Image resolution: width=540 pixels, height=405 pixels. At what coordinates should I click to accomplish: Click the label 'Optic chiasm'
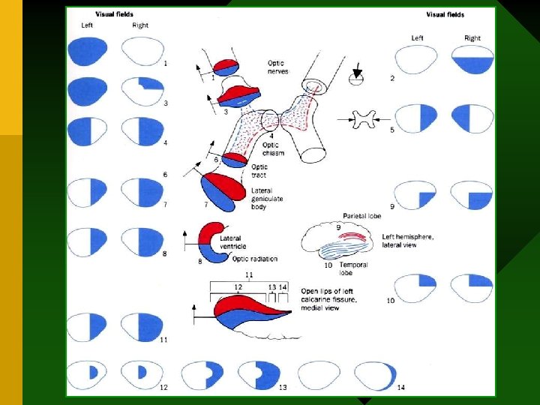click(x=271, y=148)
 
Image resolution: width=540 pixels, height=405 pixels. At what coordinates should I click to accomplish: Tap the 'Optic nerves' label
click(x=277, y=67)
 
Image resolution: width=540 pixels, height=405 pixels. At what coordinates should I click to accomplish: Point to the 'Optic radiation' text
click(x=255, y=259)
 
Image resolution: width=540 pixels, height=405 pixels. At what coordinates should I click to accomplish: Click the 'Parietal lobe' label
click(x=362, y=216)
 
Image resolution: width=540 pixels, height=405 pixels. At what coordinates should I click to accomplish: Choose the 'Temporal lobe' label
click(x=353, y=268)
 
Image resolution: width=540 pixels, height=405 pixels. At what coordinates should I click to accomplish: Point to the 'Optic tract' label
click(x=259, y=171)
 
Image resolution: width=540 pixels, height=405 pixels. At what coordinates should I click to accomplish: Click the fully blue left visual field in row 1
click(x=88, y=51)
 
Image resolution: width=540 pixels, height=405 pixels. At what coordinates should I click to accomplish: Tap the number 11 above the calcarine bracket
click(x=249, y=275)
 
